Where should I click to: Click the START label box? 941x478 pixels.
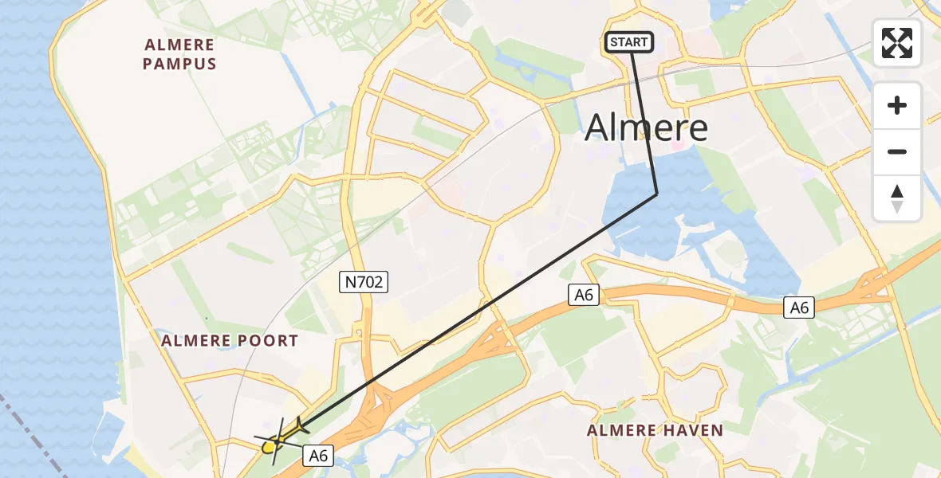(629, 42)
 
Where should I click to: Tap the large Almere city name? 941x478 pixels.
(646, 127)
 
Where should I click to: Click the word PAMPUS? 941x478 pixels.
(179, 64)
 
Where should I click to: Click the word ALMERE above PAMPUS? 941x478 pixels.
(180, 45)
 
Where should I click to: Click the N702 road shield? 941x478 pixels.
(364, 280)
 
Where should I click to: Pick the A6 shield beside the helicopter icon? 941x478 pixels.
(318, 455)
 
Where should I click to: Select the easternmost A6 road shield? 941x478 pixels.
(798, 308)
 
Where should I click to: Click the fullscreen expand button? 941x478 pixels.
(897, 43)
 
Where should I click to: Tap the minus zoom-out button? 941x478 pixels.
(897, 151)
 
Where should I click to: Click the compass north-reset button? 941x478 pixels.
(897, 198)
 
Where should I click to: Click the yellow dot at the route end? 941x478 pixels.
(269, 446)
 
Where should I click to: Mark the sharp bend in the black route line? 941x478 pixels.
(656, 194)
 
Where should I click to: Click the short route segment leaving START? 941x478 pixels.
(644, 119)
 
